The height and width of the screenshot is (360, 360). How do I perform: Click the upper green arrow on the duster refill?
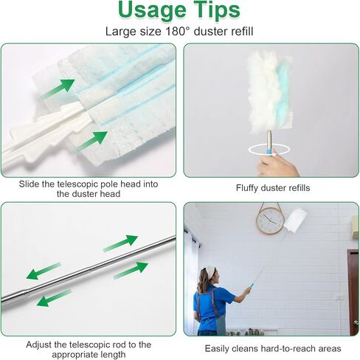58,88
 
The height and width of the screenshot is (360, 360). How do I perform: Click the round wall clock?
270,219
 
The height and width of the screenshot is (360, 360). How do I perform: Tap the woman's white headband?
210,270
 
